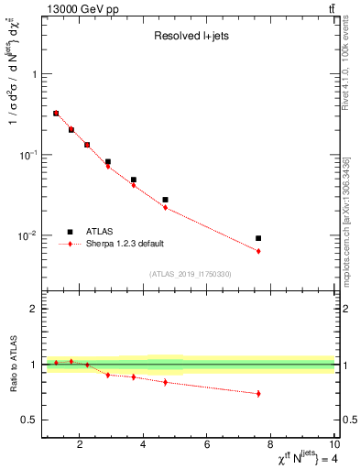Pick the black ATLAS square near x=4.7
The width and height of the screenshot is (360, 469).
[165, 200]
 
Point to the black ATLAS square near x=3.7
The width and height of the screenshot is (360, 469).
[133, 180]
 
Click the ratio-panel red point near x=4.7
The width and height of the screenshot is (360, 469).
[165, 382]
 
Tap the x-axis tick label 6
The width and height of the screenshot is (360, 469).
[208, 445]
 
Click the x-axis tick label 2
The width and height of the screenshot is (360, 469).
[81, 445]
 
